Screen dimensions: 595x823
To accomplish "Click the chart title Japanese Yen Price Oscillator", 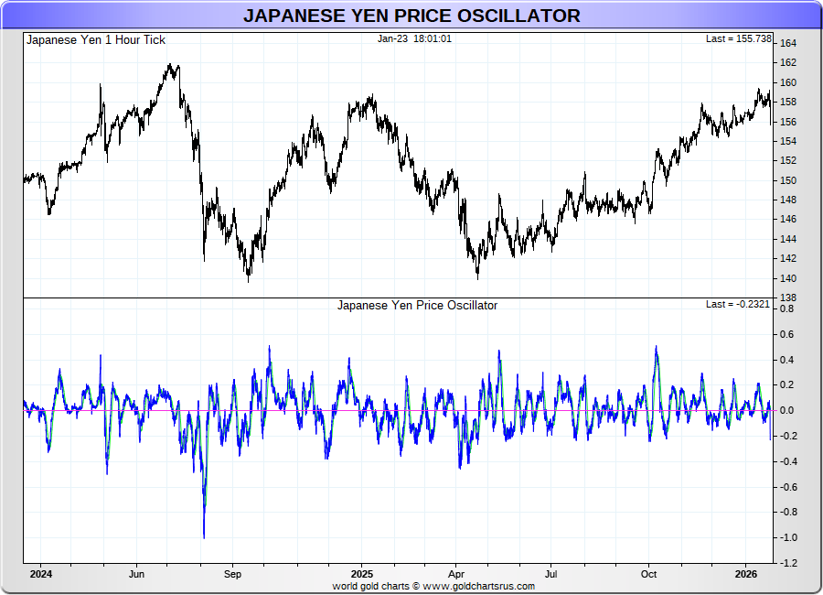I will pos(411,16).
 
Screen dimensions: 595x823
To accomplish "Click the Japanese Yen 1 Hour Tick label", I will pos(96,40).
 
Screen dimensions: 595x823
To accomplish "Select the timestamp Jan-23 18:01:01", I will pos(414,38).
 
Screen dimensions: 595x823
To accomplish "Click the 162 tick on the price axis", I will pos(788,63).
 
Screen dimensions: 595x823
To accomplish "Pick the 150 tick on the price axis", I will pos(788,180).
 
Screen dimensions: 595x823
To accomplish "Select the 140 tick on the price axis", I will pos(788,278).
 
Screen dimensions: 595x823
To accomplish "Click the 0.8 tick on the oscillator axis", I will pos(787,309).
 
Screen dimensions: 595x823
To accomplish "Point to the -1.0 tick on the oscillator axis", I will pos(786,537).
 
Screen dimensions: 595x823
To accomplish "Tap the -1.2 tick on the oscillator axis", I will pos(786,563).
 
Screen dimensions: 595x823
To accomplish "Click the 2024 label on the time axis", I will pos(40,575).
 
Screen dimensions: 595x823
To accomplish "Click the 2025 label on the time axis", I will pos(361,575).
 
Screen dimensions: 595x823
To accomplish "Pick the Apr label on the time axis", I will pos(455,575).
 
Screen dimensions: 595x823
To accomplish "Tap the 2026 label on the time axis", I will pos(746,575).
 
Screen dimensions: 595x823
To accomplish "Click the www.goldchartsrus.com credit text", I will pos(479,586).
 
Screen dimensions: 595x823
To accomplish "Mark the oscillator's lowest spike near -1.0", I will pos(203,536).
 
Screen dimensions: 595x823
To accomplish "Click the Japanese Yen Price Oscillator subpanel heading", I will pos(417,306).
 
